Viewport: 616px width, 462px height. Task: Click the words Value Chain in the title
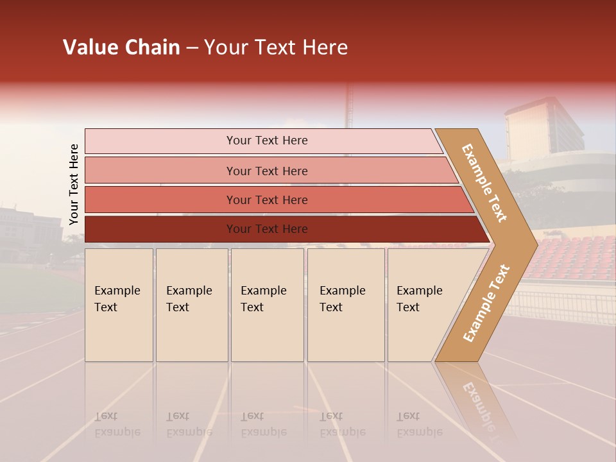tap(121, 47)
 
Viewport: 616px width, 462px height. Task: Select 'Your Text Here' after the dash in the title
tap(276, 47)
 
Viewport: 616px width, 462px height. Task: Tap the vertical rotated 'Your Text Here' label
tap(74, 184)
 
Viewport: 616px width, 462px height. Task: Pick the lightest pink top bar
tap(266, 141)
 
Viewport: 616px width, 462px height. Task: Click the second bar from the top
tap(266, 171)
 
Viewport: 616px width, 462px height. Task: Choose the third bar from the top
tap(266, 200)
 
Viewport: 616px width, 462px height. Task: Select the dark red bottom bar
tap(266, 229)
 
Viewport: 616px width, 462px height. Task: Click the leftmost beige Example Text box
tap(119, 305)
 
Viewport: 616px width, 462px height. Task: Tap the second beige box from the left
tap(191, 305)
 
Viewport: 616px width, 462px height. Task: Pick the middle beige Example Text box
tap(267, 305)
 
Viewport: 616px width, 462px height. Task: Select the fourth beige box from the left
tap(346, 305)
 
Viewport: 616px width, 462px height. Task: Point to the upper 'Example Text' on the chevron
tap(485, 183)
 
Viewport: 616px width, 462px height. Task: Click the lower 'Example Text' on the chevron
tap(486, 303)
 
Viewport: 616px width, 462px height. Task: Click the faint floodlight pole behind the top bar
tap(350, 106)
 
